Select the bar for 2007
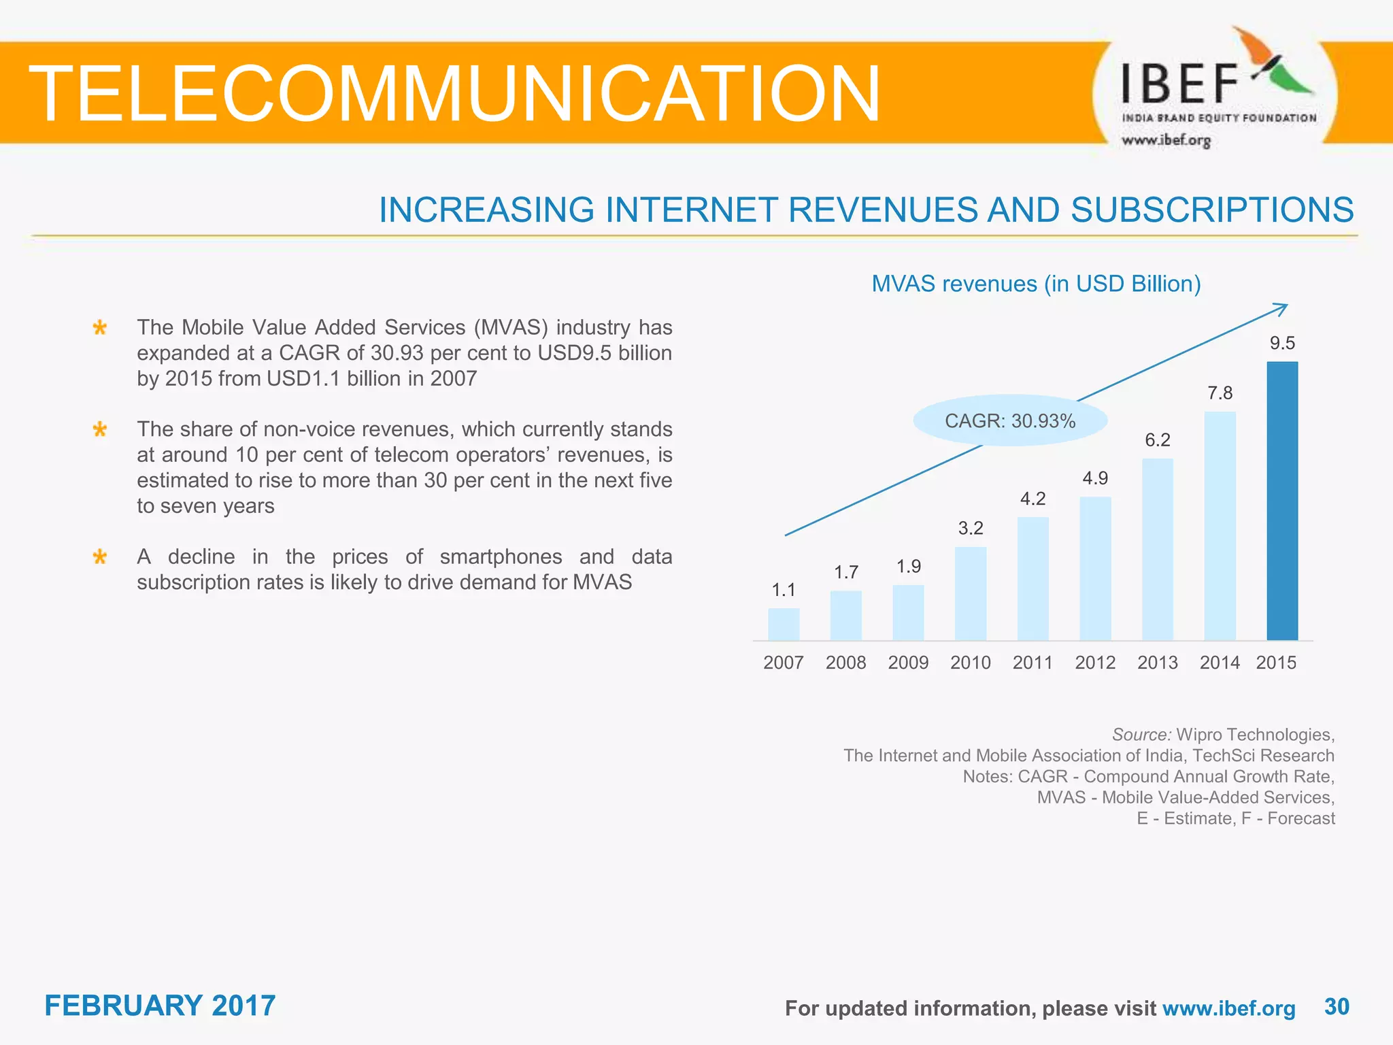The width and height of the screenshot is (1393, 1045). click(784, 624)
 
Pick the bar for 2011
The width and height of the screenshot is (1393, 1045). click(1033, 578)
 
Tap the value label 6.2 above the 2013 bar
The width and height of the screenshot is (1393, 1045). click(1157, 440)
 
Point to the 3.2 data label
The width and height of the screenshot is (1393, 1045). click(971, 528)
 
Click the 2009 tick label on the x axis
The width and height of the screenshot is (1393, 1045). click(908, 663)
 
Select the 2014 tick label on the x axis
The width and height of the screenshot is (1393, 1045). click(1220, 663)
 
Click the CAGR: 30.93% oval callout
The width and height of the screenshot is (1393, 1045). click(1009, 421)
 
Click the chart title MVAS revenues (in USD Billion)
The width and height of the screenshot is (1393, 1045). click(1036, 284)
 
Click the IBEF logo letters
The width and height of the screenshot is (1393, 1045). click(1179, 84)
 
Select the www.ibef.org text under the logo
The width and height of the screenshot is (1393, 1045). click(1166, 141)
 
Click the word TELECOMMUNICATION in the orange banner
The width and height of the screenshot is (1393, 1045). click(454, 94)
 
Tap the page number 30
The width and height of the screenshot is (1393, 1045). click(1337, 1006)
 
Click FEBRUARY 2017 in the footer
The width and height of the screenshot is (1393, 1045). click(160, 1006)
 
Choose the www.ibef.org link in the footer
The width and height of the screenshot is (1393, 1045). click(1228, 1008)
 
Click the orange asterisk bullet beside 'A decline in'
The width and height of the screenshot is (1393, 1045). click(100, 558)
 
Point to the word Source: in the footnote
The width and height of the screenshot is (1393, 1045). click(1141, 735)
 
